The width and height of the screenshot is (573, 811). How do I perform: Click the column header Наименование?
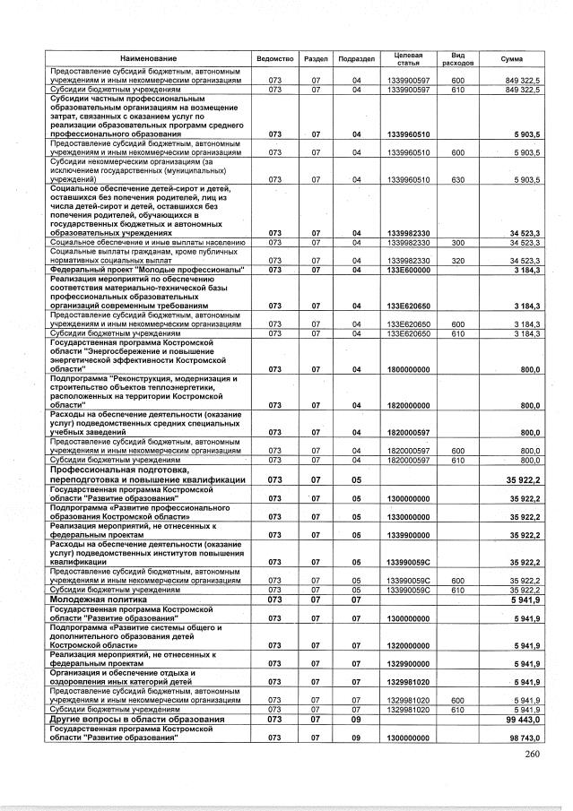149,57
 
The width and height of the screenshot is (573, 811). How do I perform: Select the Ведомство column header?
275,57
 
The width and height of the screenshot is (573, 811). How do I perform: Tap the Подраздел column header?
356,57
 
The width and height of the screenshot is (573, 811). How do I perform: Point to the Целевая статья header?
409,57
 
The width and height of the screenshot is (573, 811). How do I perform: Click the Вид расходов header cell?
457,57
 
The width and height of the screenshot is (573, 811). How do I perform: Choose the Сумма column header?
512,57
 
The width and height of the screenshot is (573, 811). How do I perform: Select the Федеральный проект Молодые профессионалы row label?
147,269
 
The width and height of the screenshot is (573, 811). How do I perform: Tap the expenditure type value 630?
457,179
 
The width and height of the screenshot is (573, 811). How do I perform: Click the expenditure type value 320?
457,260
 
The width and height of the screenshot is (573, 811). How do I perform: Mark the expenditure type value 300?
457,242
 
